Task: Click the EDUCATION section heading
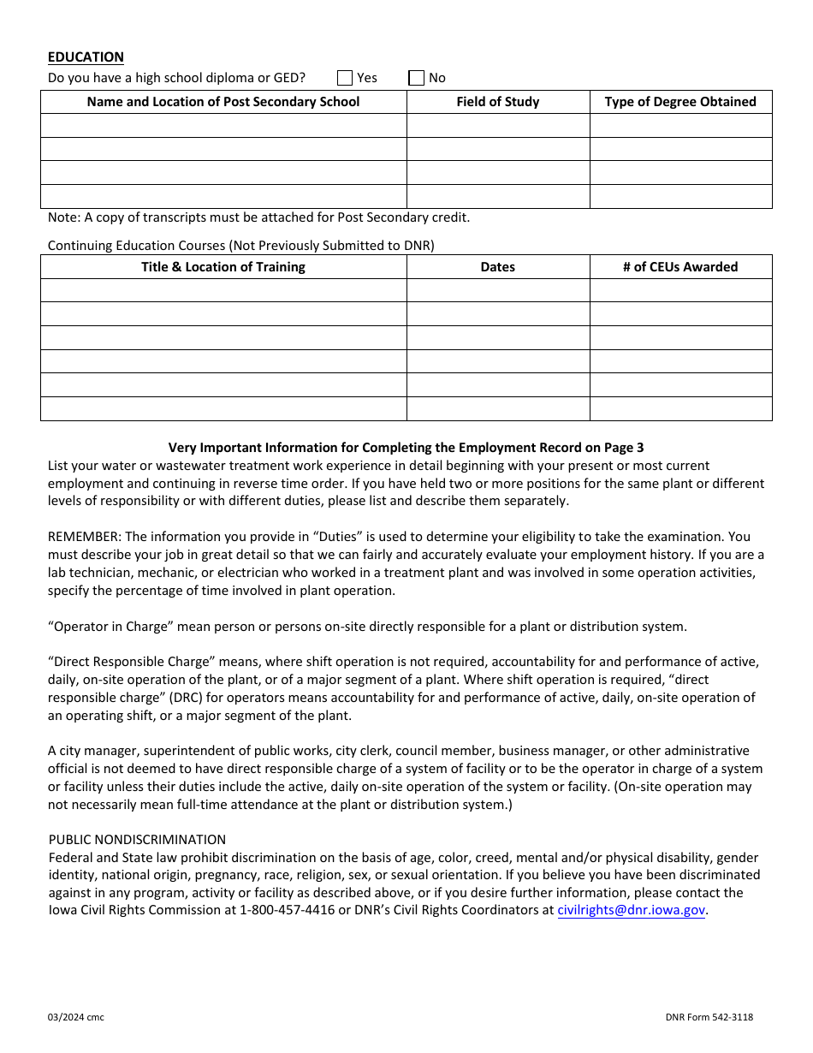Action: (86, 57)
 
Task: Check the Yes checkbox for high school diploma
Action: (345, 78)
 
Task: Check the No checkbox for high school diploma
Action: (417, 78)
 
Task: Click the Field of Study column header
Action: (497, 102)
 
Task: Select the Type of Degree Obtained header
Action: (680, 102)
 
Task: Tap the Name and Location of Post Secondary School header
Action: (223, 102)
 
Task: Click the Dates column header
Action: (497, 267)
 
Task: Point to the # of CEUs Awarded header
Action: (680, 267)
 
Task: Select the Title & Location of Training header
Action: (223, 267)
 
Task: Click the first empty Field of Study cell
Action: (497, 126)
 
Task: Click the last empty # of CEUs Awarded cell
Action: (680, 409)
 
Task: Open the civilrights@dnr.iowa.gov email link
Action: (632, 911)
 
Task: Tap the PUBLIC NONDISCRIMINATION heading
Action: (137, 840)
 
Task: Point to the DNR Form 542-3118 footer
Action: (709, 1017)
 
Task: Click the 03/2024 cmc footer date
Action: (76, 1017)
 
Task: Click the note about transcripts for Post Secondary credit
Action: (258, 217)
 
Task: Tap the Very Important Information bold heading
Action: (406, 448)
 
